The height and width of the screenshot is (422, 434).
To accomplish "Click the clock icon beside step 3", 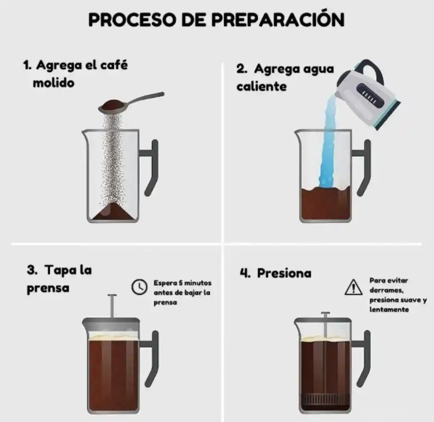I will point(138,287).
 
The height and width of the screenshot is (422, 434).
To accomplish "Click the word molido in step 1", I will point(53,82).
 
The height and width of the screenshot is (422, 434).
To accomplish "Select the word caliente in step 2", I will point(262,87).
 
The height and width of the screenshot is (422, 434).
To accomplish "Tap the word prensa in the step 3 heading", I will point(48,288).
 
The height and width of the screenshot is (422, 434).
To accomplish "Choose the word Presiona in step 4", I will point(284,273).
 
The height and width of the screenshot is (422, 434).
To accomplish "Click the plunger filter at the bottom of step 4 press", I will point(325,399).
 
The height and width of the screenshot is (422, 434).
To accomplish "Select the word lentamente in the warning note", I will point(389,309).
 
